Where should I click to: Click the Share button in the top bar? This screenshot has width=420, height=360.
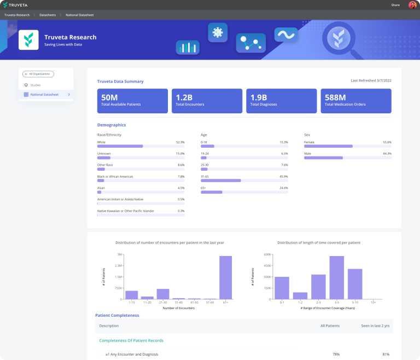pos(395,5)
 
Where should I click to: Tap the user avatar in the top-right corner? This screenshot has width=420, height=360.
pos(412,5)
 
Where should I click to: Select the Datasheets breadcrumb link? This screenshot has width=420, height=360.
pos(48,15)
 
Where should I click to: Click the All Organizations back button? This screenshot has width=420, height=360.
pos(38,74)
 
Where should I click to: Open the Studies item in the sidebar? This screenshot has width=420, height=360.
pos(36,85)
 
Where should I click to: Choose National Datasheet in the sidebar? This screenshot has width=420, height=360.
pos(45,95)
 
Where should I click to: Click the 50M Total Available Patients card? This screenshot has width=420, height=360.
pos(132,101)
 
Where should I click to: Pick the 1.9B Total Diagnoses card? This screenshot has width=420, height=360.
pos(281,101)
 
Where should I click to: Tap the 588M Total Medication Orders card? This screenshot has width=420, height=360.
pos(355,101)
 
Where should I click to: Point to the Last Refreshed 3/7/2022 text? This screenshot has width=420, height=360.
pos(371,81)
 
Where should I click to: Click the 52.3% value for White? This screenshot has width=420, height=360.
pos(180,142)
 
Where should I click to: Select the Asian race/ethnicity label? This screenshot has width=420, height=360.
pos(101,188)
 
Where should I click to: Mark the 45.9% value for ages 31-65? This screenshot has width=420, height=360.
pos(284,176)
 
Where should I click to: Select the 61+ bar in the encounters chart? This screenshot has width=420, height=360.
pos(225,278)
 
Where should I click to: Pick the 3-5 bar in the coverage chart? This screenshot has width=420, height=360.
pos(337,277)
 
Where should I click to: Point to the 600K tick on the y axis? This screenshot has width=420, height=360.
pos(267,254)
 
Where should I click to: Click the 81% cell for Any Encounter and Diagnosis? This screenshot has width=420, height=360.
pos(386,354)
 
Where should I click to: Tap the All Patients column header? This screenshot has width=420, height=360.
pos(330,326)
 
